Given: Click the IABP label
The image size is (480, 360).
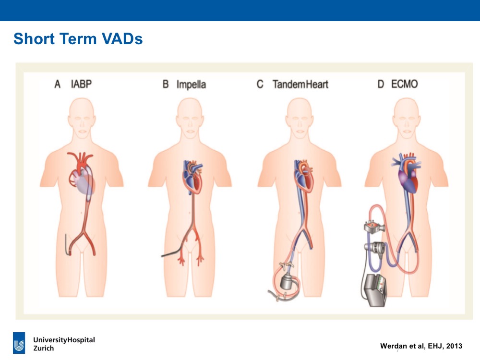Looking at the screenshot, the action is click(82, 84).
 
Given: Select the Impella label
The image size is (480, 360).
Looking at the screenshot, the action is click(192, 84).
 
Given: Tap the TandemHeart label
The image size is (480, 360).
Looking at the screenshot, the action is click(300, 84).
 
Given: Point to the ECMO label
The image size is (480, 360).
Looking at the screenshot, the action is click(404, 84).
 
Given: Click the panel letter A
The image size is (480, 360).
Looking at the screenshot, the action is click(58, 84).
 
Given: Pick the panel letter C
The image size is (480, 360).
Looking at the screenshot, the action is click(260, 84).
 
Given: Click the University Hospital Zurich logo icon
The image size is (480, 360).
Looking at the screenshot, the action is click(19, 343).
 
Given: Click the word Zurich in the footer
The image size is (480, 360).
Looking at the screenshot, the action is click(44, 348).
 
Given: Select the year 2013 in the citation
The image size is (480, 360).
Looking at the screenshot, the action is click(454, 346).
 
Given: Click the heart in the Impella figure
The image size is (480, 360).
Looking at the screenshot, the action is click(193, 177).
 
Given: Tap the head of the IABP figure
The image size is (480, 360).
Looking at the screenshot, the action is click(82, 118).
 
